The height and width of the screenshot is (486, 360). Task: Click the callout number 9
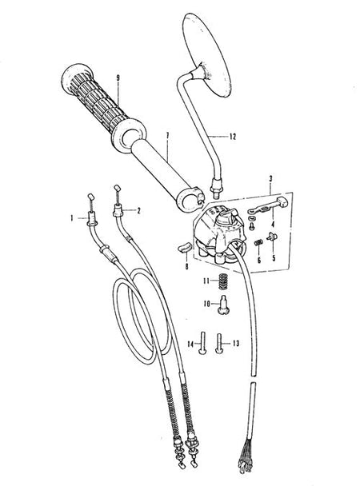point(118,78)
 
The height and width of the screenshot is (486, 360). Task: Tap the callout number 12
point(233,137)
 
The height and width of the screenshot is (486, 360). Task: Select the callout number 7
point(167,136)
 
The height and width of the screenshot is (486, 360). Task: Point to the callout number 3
point(270,179)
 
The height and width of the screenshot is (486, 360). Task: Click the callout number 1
point(72,218)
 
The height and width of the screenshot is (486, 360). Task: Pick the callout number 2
point(138,211)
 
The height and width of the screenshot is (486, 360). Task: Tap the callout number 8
point(186,266)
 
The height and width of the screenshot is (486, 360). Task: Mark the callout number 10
point(207,304)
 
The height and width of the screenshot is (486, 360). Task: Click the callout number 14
point(190,344)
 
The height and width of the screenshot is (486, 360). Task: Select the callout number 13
point(236,344)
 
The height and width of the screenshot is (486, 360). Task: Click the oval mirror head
point(207,55)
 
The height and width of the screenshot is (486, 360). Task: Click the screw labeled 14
point(202,344)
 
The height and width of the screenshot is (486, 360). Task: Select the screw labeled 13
point(219,344)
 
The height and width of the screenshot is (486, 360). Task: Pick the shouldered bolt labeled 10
point(223,305)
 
